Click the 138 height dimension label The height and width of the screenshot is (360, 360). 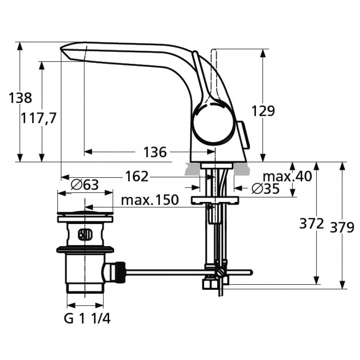20,98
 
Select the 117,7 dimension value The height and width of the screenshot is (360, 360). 39,118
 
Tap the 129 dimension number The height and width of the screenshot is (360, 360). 263,111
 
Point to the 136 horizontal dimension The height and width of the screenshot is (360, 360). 155,152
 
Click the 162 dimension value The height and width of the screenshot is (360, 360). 137,176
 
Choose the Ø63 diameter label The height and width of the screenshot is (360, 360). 85,185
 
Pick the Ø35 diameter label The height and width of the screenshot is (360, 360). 266,189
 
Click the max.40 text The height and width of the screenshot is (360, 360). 287,176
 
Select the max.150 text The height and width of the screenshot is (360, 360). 150,200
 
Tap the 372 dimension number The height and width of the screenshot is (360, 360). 311,223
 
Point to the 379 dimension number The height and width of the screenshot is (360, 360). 342,228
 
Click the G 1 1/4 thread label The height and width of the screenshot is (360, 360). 87,319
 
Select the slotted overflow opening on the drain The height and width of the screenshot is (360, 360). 85,234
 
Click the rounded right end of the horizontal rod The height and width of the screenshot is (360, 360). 251,272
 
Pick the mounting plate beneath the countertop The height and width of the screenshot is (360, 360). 215,200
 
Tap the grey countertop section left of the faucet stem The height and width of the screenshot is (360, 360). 192,169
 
